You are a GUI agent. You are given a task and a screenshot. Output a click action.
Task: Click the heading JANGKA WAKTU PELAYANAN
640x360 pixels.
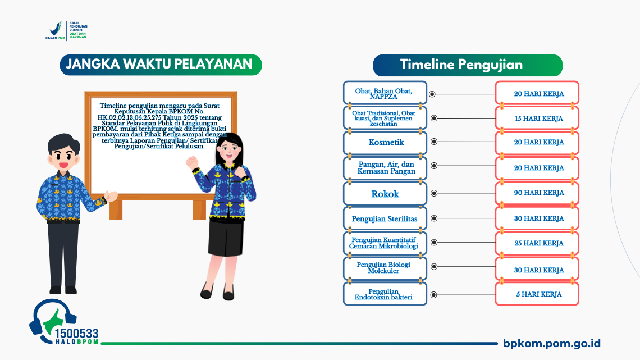[160, 65]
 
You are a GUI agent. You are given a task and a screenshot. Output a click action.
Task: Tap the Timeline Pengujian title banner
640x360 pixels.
[468, 65]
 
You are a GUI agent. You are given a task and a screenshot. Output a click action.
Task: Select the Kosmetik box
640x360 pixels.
[386, 143]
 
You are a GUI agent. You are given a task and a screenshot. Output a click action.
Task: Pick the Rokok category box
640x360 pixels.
[386, 194]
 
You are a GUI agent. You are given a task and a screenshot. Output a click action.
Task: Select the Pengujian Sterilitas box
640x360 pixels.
[386, 219]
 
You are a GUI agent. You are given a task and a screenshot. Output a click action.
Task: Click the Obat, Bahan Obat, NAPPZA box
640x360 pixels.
[386, 93]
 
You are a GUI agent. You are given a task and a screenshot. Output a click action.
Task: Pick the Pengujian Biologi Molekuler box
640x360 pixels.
[386, 268]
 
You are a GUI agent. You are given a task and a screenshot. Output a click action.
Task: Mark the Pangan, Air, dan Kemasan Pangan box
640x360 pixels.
[386, 168]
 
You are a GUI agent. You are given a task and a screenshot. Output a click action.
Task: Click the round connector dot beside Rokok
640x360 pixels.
[433, 193]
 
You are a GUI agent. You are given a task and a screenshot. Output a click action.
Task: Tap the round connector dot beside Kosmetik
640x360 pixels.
[433, 143]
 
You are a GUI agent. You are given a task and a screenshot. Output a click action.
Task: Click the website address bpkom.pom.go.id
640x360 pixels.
[552, 344]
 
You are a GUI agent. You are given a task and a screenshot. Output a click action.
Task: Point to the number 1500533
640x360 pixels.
[76, 334]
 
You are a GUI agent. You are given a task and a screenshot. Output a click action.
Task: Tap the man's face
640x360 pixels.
[61, 155]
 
